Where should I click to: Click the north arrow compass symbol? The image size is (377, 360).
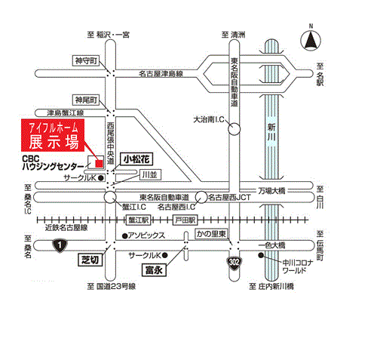coord(311,40)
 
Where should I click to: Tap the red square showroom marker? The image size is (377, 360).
coord(100,164)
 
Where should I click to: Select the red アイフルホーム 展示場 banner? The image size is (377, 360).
coord(53,135)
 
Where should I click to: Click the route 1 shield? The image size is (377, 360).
coord(60,245)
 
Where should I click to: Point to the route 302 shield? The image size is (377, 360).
coord(234,263)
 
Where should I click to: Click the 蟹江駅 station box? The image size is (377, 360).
coord(138,220)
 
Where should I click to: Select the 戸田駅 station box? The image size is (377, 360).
coord(185,220)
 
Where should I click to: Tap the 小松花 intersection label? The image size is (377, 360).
coord(136,159)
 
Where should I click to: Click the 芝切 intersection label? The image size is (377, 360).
coord(90,260)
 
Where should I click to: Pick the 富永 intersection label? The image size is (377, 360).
coord(154,270)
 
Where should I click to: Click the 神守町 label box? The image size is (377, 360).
coord(86,60)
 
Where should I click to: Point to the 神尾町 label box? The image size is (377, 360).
coord(86,100)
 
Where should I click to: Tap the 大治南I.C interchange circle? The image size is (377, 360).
coord(234,129)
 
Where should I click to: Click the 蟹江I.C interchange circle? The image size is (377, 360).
coord(110,197)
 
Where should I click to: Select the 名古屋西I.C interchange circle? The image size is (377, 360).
coord(201,197)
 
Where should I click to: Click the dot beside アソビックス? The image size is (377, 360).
coord(124,236)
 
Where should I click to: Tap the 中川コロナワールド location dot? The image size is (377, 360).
coord(261,256)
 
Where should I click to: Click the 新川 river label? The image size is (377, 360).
coord(271,132)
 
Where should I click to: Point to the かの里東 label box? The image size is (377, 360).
coord(211,234)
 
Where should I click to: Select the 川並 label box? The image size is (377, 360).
coord(150,175)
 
